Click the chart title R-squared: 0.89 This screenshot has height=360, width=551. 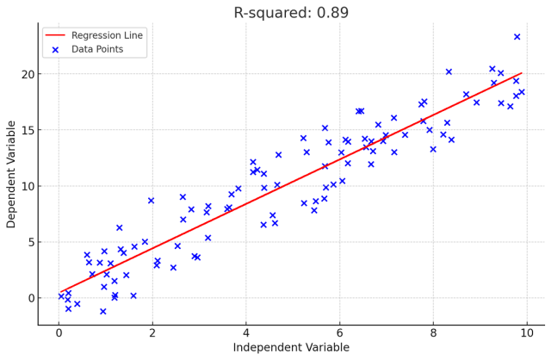click(x=291, y=13)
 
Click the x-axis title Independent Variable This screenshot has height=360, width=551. click(x=291, y=347)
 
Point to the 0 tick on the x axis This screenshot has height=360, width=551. click(x=59, y=332)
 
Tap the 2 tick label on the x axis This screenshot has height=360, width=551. click(x=152, y=332)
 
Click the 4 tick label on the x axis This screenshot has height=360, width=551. click(x=245, y=332)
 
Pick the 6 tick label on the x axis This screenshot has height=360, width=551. click(x=339, y=332)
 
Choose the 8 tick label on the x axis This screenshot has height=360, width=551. click(x=433, y=332)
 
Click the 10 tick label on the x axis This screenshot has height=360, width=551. click(x=527, y=332)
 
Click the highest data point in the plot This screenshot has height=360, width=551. click(x=517, y=37)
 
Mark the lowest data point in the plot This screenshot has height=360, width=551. click(x=102, y=312)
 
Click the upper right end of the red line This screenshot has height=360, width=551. click(x=522, y=74)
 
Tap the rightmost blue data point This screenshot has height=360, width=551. click(x=522, y=92)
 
